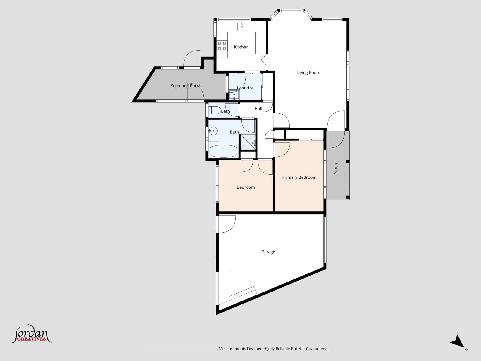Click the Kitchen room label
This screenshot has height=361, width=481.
(241, 47)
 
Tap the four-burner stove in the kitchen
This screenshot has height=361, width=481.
(222, 46)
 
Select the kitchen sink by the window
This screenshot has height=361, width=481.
(242, 26)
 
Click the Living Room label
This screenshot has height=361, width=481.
(308, 73)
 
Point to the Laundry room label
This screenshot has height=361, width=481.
(245, 88)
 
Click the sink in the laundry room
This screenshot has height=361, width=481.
(234, 95)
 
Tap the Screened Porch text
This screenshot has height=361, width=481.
(186, 86)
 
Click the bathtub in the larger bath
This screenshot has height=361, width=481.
(223, 151)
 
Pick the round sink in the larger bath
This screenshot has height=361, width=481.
(213, 131)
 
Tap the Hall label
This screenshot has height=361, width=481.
(258, 109)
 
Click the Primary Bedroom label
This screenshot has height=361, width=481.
(299, 177)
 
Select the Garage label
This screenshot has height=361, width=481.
(268, 252)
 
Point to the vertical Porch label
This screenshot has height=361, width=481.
(336, 169)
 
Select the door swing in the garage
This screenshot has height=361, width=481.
(227, 224)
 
